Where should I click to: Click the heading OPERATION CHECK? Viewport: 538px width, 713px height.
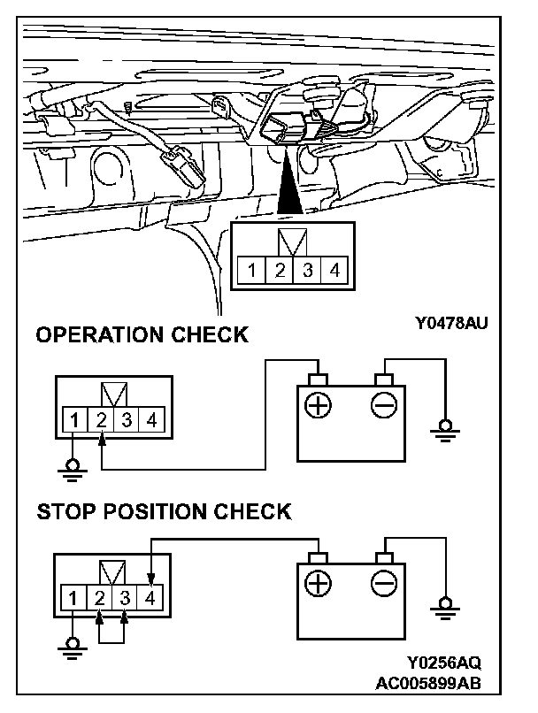pyautogui.click(x=141, y=335)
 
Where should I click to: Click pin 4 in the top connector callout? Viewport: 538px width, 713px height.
pyautogui.click(x=334, y=270)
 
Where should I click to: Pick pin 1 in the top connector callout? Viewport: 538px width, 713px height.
pyautogui.click(x=252, y=270)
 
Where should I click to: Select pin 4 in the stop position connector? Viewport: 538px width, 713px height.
pyautogui.click(x=152, y=597)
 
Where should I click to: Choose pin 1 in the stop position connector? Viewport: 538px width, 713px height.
pyautogui.click(x=76, y=597)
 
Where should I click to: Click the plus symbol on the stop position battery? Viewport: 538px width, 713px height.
pyautogui.click(x=317, y=584)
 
